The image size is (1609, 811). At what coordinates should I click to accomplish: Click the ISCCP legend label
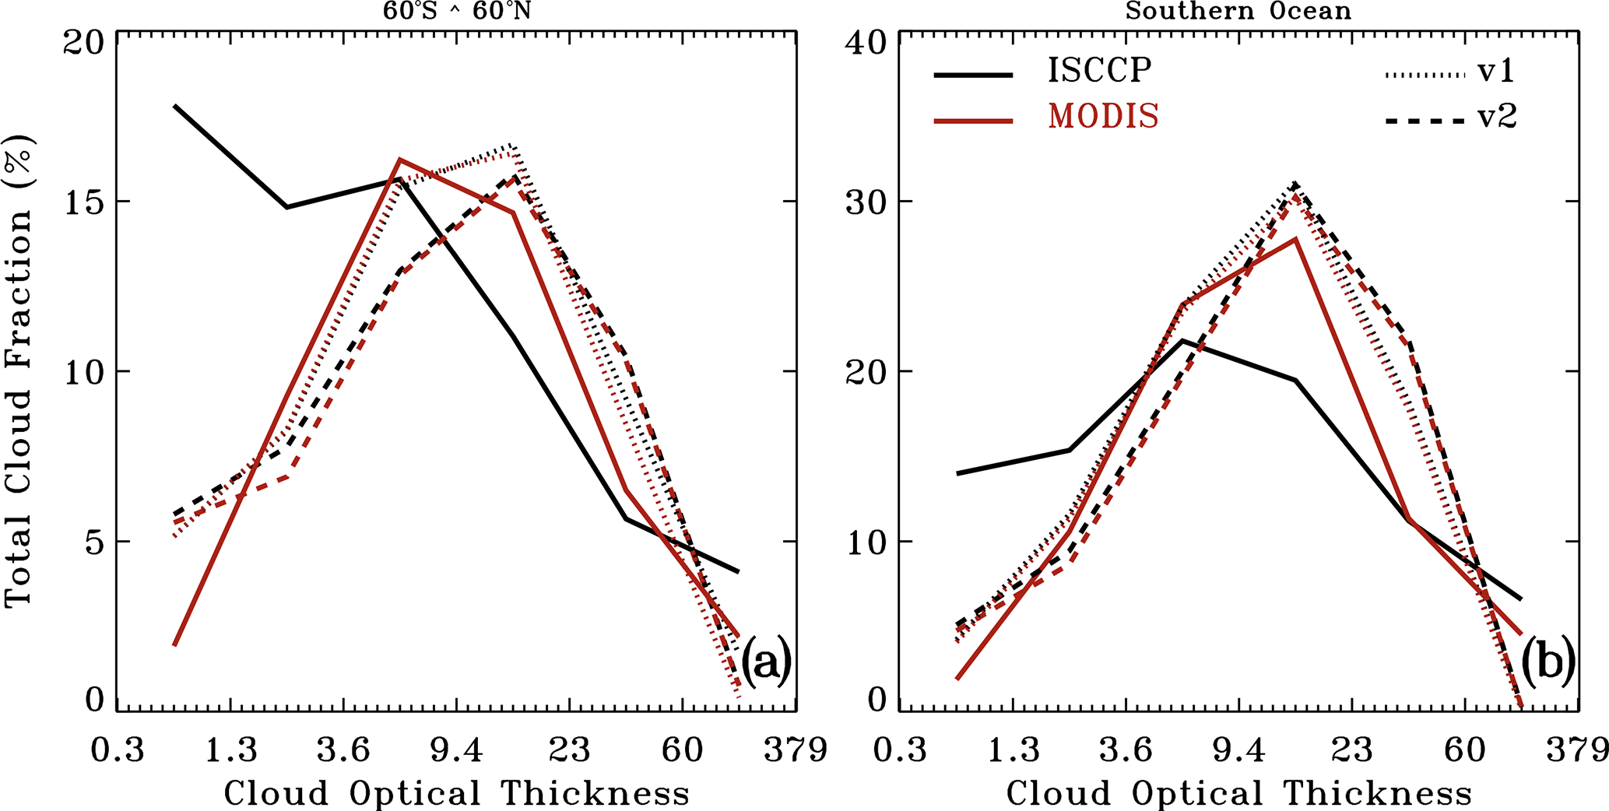(1098, 71)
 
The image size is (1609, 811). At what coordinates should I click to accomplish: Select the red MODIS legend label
(1103, 117)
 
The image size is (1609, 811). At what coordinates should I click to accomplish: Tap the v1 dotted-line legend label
(1497, 72)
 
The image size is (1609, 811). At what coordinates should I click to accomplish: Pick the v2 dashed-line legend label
(1497, 118)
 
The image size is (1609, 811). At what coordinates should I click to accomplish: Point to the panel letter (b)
(1548, 662)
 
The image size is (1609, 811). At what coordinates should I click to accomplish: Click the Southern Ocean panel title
(1238, 11)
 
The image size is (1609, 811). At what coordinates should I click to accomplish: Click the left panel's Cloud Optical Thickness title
(457, 794)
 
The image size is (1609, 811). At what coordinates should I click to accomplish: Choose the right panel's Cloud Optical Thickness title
(1239, 794)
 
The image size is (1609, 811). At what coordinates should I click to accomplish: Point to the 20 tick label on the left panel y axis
(83, 43)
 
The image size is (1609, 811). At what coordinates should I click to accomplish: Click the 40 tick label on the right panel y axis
(866, 43)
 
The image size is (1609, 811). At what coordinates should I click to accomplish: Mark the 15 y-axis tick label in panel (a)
(84, 202)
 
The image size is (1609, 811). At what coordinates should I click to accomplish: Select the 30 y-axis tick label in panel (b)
(866, 202)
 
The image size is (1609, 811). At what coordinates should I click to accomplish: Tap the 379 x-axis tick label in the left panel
(795, 751)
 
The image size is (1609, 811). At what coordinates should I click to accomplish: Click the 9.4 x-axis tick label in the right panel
(1238, 751)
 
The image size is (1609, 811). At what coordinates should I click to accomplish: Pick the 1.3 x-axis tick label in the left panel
(230, 751)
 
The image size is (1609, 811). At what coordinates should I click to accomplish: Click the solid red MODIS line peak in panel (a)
(399, 160)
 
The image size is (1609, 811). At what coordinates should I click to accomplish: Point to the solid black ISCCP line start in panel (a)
(175, 106)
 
